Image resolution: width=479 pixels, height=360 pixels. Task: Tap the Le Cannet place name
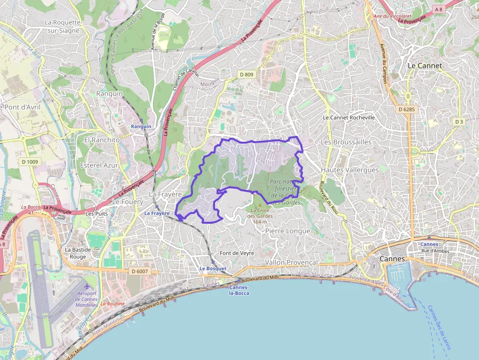(x=424, y=65)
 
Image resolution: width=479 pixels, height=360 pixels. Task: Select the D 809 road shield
(x=246, y=74)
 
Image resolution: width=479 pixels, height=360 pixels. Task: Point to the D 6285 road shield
(x=406, y=109)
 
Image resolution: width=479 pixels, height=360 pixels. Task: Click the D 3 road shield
(x=458, y=121)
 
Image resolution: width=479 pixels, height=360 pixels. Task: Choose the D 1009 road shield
(x=30, y=162)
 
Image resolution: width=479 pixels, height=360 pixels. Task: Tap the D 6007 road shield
(x=139, y=271)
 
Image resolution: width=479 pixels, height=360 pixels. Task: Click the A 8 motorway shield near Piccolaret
(x=439, y=9)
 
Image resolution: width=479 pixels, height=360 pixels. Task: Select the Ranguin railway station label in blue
(x=141, y=127)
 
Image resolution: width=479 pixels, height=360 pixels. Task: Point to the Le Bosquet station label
(x=213, y=269)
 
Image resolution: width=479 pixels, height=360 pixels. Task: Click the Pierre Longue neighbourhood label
(x=287, y=231)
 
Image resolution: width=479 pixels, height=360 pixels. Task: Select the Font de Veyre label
(x=237, y=253)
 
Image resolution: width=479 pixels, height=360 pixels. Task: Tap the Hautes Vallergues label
(x=349, y=169)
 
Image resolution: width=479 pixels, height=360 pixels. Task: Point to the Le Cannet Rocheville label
(x=349, y=118)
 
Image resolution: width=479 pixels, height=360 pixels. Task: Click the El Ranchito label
(x=102, y=140)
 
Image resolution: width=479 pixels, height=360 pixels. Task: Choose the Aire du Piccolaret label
(x=391, y=16)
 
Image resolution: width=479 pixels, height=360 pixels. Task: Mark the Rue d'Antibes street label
(x=435, y=251)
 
